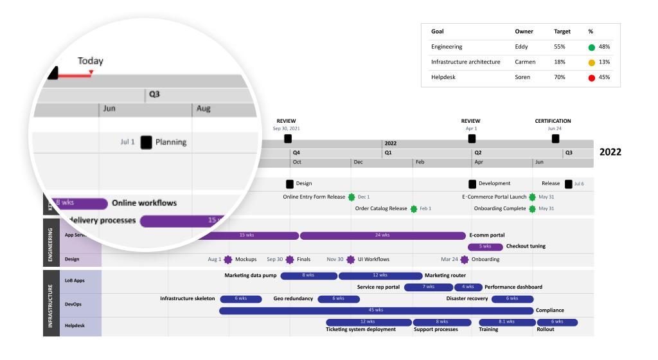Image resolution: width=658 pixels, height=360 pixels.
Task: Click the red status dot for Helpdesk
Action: click(x=591, y=78)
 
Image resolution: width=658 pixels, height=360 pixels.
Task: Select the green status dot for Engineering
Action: click(x=591, y=47)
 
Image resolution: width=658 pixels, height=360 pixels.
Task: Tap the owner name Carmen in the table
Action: click(x=525, y=62)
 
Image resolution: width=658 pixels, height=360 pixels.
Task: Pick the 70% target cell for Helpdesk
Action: click(x=560, y=78)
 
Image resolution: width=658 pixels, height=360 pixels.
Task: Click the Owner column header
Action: click(x=524, y=32)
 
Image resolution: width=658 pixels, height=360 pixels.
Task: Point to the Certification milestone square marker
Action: click(x=555, y=138)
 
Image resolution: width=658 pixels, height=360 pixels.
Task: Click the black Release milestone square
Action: click(x=568, y=184)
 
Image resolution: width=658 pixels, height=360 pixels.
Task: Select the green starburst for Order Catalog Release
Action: click(x=413, y=209)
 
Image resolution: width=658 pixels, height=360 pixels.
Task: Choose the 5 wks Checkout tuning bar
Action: click(x=485, y=246)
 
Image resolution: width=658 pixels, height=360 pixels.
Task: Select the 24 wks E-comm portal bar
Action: click(x=382, y=235)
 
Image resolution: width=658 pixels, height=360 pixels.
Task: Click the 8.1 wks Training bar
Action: click(x=506, y=322)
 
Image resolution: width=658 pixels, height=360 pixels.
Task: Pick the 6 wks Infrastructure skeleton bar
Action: click(x=241, y=299)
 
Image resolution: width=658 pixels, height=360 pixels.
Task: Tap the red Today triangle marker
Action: click(x=91, y=73)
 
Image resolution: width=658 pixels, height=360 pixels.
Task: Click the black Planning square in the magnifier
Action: click(x=146, y=142)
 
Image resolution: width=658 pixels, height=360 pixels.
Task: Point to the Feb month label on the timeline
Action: click(x=420, y=163)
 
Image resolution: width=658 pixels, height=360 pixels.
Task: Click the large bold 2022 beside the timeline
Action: click(x=610, y=152)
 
